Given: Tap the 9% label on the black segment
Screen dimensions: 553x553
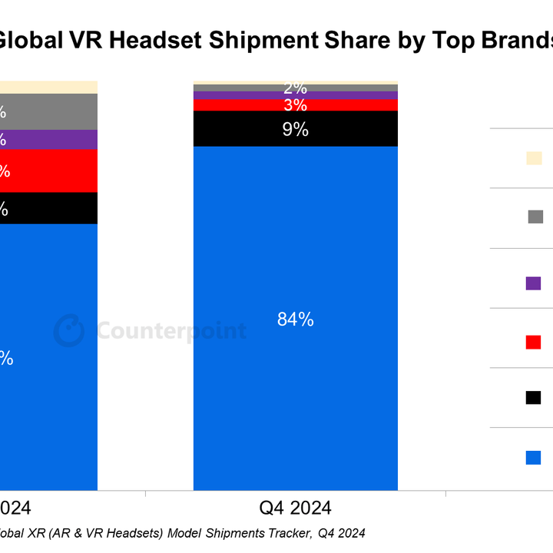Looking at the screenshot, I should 295,130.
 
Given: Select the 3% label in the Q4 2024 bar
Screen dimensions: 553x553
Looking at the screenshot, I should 295,105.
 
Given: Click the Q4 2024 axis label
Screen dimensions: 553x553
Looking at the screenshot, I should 295,508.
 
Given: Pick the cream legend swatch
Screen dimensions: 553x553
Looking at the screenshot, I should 534,158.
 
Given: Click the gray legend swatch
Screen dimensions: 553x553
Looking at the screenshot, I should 535,217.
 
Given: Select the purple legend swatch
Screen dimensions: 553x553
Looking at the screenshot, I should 534,283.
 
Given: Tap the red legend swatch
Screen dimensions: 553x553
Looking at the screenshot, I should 534,342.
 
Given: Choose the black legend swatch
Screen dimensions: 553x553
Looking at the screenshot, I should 534,397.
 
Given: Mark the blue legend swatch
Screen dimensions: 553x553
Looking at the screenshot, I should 534,457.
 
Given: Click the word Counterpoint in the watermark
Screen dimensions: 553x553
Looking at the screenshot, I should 171,331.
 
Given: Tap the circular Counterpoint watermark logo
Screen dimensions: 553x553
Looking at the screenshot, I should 69,331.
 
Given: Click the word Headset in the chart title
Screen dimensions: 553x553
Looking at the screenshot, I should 187,40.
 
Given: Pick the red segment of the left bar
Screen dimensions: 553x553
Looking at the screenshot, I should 54,171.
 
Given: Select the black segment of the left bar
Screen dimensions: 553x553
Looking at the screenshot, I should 54,208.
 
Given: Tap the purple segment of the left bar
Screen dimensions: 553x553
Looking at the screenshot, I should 54,139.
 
